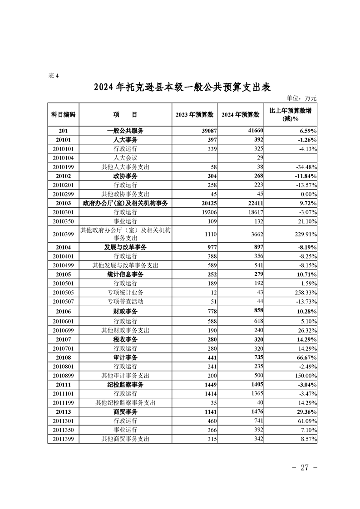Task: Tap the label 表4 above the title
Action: (54, 75)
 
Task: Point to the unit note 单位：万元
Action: (301, 98)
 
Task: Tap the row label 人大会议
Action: (125, 158)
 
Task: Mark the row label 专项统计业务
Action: (125, 292)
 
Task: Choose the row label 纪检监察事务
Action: (125, 385)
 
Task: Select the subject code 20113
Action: (63, 412)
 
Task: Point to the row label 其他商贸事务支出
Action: (125, 439)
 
